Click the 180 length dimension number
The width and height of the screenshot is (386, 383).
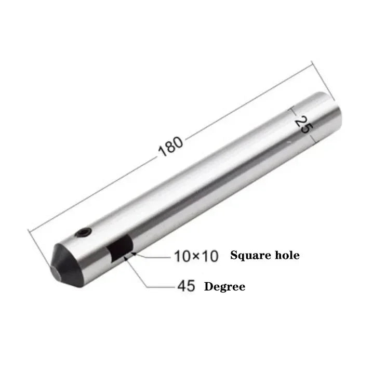(x=170, y=146)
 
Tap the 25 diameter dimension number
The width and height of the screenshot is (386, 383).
(x=304, y=125)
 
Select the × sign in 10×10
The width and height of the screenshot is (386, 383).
(x=196, y=256)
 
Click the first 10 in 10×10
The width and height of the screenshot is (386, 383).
(x=183, y=256)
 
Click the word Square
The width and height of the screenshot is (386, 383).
(x=251, y=256)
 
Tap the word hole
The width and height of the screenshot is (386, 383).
(x=287, y=255)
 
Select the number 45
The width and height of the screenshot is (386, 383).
(x=187, y=286)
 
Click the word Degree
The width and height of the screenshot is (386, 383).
(x=225, y=287)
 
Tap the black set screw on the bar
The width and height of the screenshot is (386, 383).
(x=84, y=233)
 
